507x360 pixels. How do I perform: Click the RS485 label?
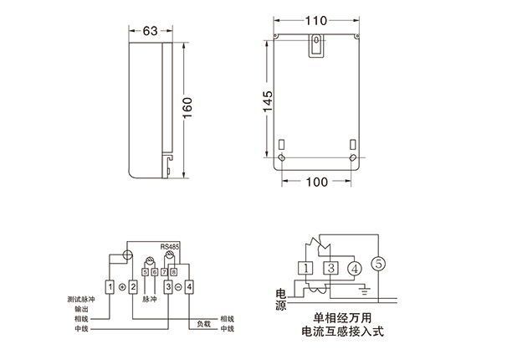(x=169, y=248)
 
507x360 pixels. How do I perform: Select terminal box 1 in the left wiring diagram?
(x=110, y=287)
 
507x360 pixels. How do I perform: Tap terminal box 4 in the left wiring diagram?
(x=191, y=287)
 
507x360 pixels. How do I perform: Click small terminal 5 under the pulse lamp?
(x=146, y=272)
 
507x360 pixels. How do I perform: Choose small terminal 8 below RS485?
(x=173, y=272)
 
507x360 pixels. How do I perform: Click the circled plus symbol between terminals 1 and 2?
(x=122, y=287)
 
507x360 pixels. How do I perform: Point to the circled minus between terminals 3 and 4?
(x=180, y=287)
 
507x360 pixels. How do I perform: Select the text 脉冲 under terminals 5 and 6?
(x=150, y=298)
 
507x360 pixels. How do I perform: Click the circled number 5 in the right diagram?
(x=380, y=264)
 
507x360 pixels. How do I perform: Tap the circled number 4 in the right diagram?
(x=355, y=269)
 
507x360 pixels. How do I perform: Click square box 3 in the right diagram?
(x=331, y=268)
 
